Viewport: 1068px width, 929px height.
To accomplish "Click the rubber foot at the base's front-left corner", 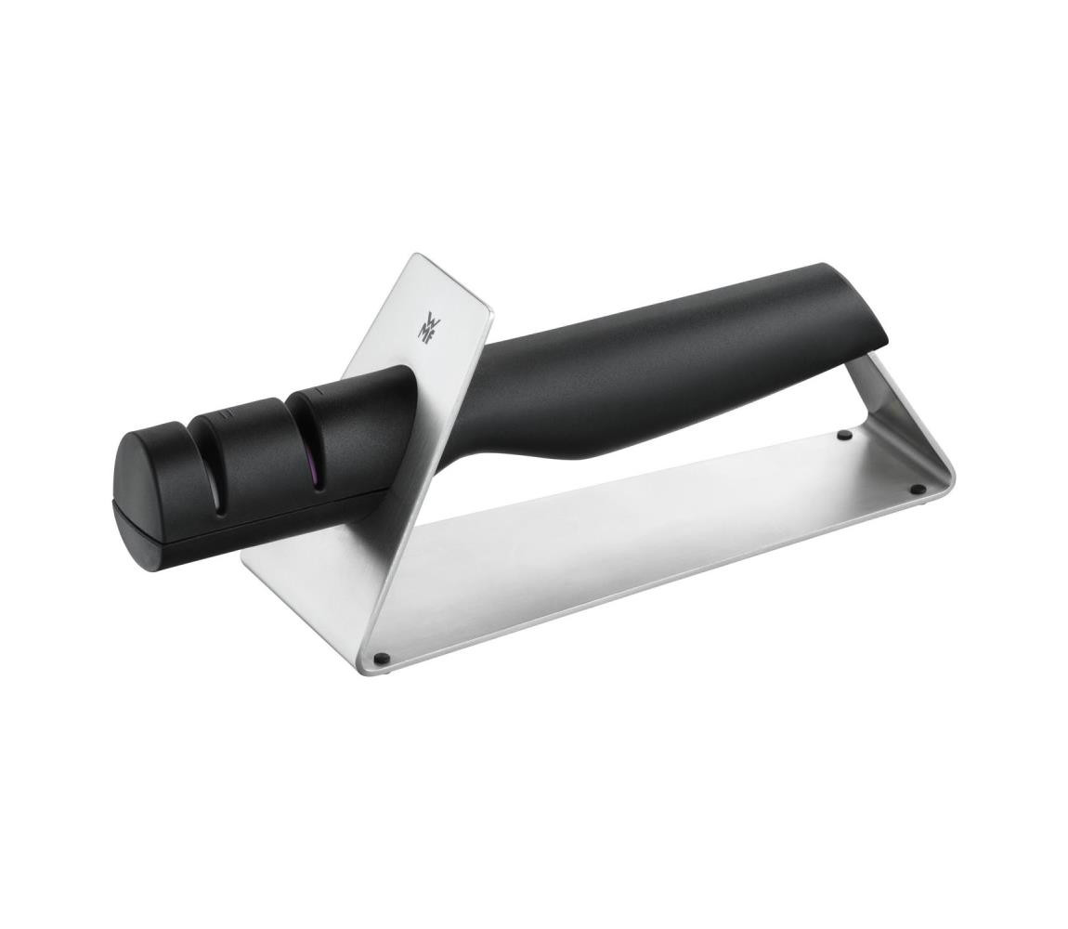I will pyautogui.click(x=380, y=659).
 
